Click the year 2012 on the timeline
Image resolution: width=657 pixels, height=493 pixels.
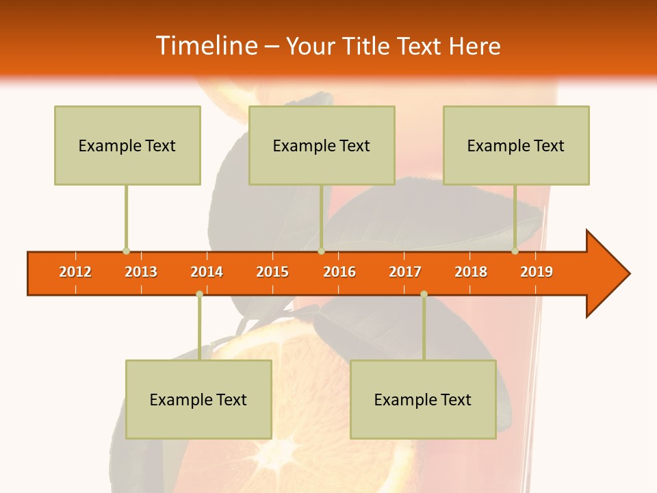(75, 272)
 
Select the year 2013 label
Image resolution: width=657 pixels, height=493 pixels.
(141, 272)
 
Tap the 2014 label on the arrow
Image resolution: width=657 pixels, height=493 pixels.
(207, 272)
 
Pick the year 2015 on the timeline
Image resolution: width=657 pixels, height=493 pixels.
(272, 272)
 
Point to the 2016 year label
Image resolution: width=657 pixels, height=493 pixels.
(339, 272)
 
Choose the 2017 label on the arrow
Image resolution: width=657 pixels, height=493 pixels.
(405, 272)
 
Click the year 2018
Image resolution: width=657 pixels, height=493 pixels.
(471, 272)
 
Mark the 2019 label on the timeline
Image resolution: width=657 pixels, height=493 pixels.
(537, 272)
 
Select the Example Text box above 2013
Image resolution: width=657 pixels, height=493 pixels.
(127, 145)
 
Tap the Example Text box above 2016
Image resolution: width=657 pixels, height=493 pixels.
(322, 145)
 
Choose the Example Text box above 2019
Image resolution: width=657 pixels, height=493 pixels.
(516, 145)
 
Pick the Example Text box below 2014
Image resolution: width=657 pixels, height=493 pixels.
(198, 399)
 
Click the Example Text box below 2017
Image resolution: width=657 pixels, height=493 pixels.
(423, 399)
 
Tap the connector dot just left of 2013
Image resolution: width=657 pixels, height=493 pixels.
(126, 251)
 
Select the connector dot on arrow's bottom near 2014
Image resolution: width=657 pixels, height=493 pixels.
(199, 294)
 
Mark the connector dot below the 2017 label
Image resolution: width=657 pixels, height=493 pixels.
(424, 294)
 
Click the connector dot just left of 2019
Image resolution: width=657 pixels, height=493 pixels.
(515, 251)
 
